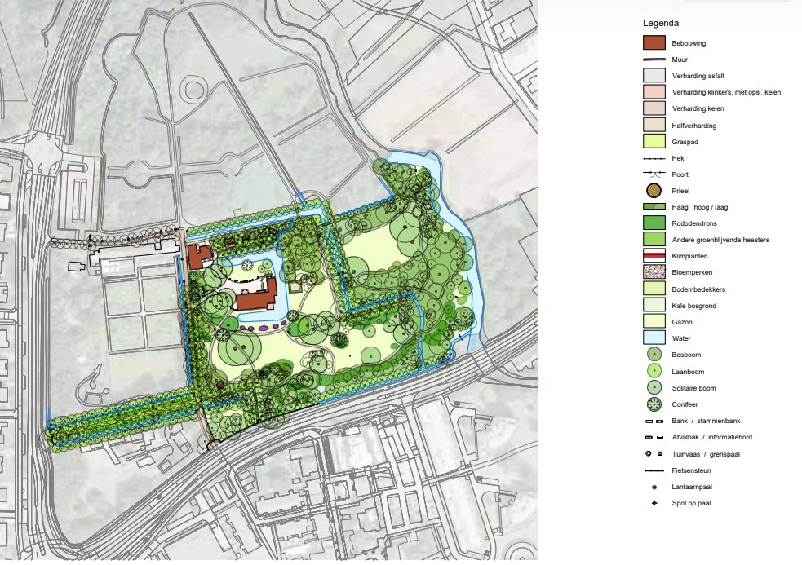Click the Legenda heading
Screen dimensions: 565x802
coord(661,23)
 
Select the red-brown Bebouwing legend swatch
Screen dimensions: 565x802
coord(654,42)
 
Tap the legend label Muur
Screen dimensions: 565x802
coord(679,60)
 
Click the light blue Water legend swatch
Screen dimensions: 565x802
coord(654,338)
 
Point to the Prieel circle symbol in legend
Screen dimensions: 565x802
coord(654,191)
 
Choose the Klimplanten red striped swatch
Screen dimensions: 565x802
coord(654,256)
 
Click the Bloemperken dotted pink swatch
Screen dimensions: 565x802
coord(654,272)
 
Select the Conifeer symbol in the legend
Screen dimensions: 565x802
coord(654,404)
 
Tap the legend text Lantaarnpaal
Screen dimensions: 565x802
coord(692,487)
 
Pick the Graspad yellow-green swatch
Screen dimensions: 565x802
coord(654,141)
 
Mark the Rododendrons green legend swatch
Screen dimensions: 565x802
coord(654,223)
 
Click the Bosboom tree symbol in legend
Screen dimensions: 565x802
coord(654,355)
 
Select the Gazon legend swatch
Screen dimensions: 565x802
coord(654,322)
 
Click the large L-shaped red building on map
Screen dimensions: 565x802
coord(258,297)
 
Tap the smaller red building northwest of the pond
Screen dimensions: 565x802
coord(198,256)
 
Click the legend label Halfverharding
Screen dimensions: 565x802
coord(695,126)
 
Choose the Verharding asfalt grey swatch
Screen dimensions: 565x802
coord(654,75)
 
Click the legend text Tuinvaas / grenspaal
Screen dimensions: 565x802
coord(706,454)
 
